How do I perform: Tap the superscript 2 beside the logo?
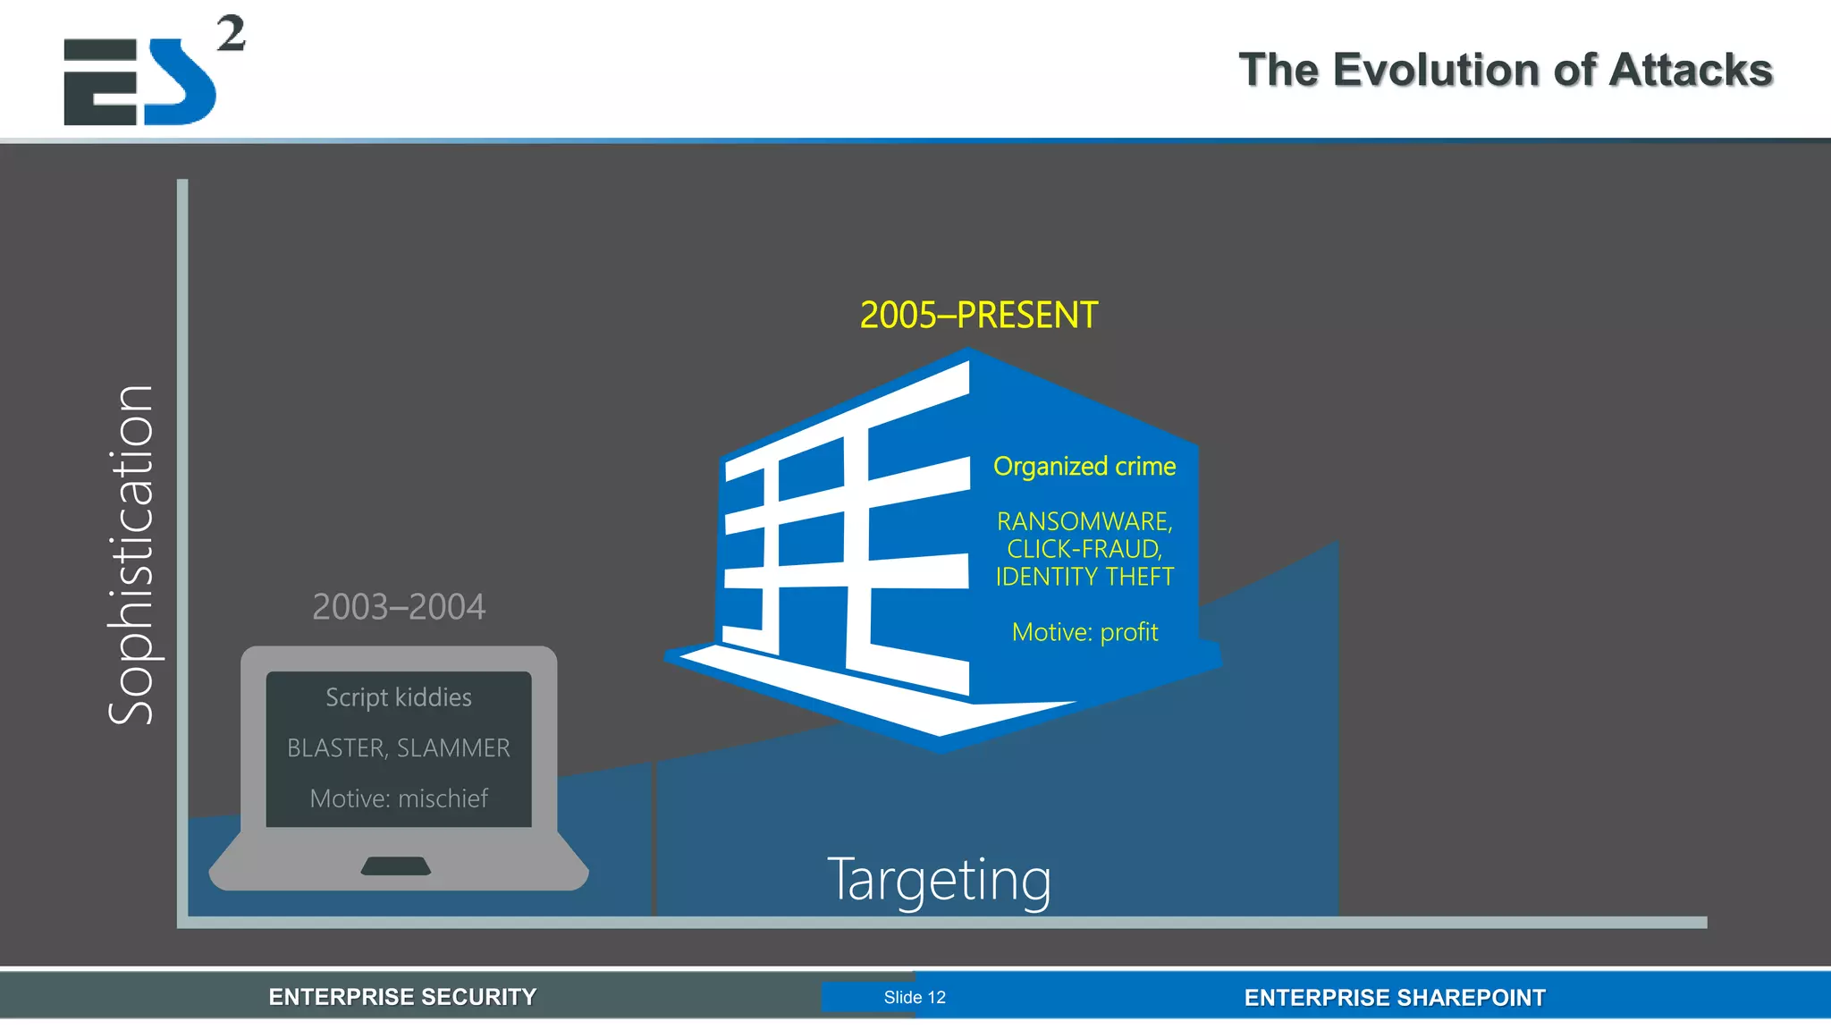point(231,34)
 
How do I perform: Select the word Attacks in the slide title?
point(1690,70)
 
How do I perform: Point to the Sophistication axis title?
point(131,554)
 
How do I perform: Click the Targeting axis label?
point(939,880)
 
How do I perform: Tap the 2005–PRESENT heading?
point(978,316)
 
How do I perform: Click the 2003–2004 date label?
point(399,607)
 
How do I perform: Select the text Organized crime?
point(1084,467)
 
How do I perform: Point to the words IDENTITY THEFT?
point(1084,577)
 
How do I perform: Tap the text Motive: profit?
point(1084,633)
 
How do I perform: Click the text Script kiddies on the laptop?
point(399,697)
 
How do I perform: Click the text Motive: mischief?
point(399,798)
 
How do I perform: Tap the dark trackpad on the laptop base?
point(396,865)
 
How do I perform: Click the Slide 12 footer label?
point(915,998)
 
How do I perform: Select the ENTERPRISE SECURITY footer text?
point(402,997)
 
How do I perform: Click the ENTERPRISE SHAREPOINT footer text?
point(1395,998)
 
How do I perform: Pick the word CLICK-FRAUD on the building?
point(1083,549)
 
